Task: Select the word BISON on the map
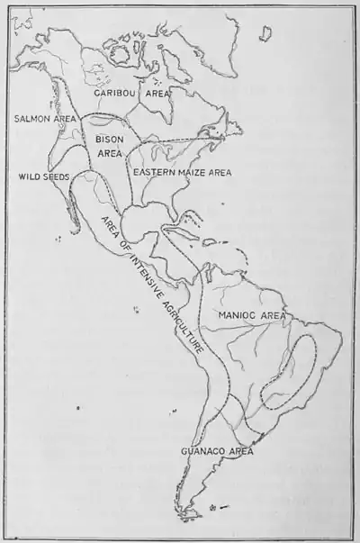(110, 140)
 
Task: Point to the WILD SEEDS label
(42, 177)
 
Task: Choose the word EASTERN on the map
(148, 170)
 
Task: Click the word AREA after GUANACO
(238, 451)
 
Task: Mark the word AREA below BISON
(109, 154)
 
